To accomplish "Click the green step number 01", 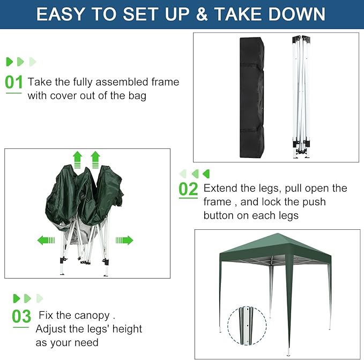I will point(14,82).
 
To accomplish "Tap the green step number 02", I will point(188,189).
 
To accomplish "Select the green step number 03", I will point(22,316).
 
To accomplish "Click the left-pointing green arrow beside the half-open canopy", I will point(46,240).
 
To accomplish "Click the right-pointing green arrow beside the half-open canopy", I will point(124,240).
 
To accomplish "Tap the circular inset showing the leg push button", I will point(247,327).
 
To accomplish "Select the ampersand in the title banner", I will point(202,14).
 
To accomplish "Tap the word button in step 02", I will point(222,215).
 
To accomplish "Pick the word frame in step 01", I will point(165,82).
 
